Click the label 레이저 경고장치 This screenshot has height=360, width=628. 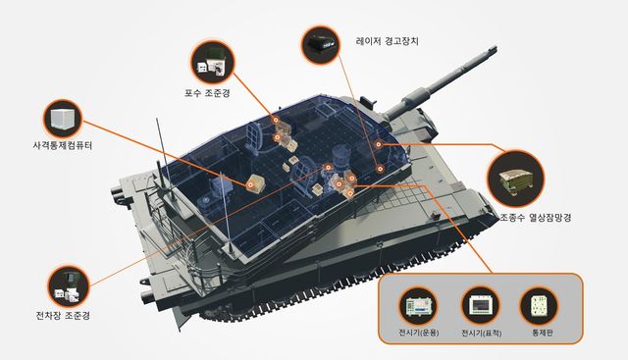click(x=387, y=41)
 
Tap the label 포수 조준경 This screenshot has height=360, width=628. click(x=207, y=94)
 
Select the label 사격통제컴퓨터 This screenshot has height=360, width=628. click(x=63, y=145)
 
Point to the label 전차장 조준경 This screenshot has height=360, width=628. click(x=63, y=316)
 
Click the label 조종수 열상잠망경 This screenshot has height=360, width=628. click(x=536, y=218)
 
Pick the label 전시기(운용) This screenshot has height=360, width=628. click(x=419, y=333)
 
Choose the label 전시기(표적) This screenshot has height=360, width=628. click(x=482, y=333)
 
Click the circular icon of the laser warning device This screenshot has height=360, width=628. click(x=320, y=44)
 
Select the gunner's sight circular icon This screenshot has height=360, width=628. click(x=212, y=63)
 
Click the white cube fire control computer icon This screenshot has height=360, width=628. click(x=63, y=119)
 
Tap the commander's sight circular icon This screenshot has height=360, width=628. click(x=69, y=286)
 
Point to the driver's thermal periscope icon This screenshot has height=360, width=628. click(x=516, y=179)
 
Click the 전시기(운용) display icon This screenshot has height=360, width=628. click(x=419, y=306)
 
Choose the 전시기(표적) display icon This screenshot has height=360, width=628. click(x=481, y=306)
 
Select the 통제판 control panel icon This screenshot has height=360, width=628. click(x=539, y=306)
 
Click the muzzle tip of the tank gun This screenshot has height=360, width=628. click(x=495, y=49)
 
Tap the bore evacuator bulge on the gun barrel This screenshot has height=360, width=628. click(x=415, y=98)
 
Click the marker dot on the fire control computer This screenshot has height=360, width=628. click(x=251, y=185)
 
